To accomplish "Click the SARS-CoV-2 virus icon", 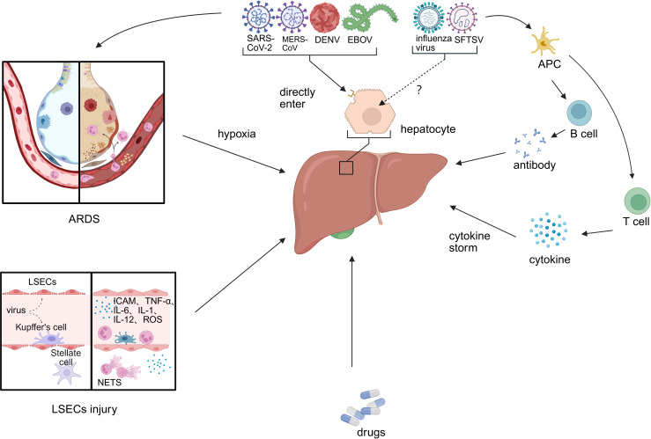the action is tap(258, 18).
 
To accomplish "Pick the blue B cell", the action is tap(579, 112).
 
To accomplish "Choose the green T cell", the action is tap(637, 201).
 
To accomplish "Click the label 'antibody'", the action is tap(535, 165).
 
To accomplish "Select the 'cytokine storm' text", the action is tap(470, 242).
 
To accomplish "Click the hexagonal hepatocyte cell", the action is tap(370, 112).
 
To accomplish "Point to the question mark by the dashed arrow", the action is tap(419, 90).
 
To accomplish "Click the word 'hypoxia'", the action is tap(237, 134).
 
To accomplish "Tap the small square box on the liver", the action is tap(346, 167).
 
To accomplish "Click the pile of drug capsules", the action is tap(362, 407).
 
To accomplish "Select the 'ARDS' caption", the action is tap(84, 219).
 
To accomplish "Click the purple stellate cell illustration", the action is tap(67, 373).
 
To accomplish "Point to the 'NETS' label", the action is tap(109, 382).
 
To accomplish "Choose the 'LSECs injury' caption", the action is tap(85, 409).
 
